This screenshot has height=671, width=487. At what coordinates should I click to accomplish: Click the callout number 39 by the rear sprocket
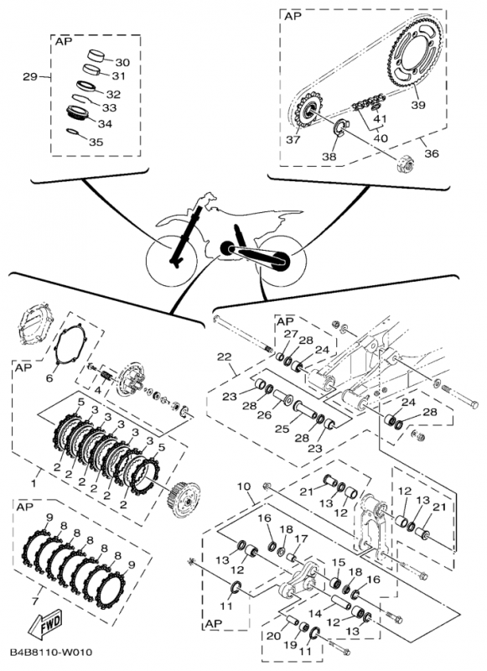pos(418,104)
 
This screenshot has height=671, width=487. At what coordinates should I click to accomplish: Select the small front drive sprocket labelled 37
pos(307,112)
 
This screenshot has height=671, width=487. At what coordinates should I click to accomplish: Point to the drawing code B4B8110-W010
pos(51,653)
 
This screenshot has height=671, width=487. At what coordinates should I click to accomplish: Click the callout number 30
pos(122,62)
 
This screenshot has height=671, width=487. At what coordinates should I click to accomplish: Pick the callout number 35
pos(96,142)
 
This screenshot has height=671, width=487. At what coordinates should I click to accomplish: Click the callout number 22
pos(224,356)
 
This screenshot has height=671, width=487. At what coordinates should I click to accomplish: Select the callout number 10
pos(243,486)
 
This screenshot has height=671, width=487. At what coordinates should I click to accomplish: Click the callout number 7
pos(34,601)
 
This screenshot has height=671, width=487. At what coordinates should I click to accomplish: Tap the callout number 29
pos(30,77)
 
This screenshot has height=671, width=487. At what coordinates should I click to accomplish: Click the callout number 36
pos(432,153)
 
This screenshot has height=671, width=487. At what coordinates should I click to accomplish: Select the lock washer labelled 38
pos(341,128)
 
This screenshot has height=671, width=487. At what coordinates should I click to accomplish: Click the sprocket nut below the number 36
pos(404,163)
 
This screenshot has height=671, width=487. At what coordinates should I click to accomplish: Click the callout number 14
pos(314,614)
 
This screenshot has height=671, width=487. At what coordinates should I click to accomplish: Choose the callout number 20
pos(273,636)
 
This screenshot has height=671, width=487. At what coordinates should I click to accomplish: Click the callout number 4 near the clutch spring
pos(98,390)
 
